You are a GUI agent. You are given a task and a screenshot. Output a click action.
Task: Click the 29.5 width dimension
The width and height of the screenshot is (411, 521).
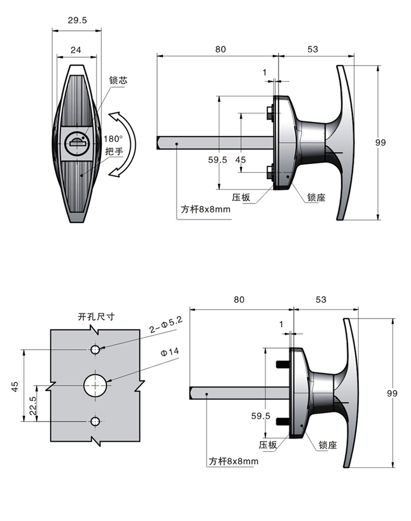click(77, 20)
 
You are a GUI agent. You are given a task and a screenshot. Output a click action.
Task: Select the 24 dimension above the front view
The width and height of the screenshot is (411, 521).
click(76, 50)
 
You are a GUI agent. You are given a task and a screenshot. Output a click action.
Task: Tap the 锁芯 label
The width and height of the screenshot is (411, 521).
click(118, 81)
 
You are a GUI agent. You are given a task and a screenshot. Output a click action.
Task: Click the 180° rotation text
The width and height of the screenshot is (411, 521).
click(113, 139)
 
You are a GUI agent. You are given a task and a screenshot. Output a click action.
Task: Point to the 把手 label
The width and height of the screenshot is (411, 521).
click(114, 152)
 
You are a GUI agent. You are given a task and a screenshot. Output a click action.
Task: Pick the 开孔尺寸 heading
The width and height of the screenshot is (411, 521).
click(95, 316)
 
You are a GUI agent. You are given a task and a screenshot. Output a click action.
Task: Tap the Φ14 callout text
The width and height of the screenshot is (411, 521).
click(170, 353)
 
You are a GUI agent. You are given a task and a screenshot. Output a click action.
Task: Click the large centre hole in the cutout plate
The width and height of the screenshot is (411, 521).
click(96, 386)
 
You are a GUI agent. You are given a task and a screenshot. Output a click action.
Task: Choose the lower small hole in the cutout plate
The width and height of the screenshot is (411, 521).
click(95, 421)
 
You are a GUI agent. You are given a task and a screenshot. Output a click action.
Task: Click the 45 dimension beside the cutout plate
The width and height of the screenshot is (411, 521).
click(15, 386)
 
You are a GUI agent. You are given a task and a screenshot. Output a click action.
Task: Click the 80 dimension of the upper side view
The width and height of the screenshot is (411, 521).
click(221, 49)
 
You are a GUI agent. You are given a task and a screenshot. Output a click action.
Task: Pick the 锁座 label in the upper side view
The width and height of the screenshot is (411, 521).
click(316, 197)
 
